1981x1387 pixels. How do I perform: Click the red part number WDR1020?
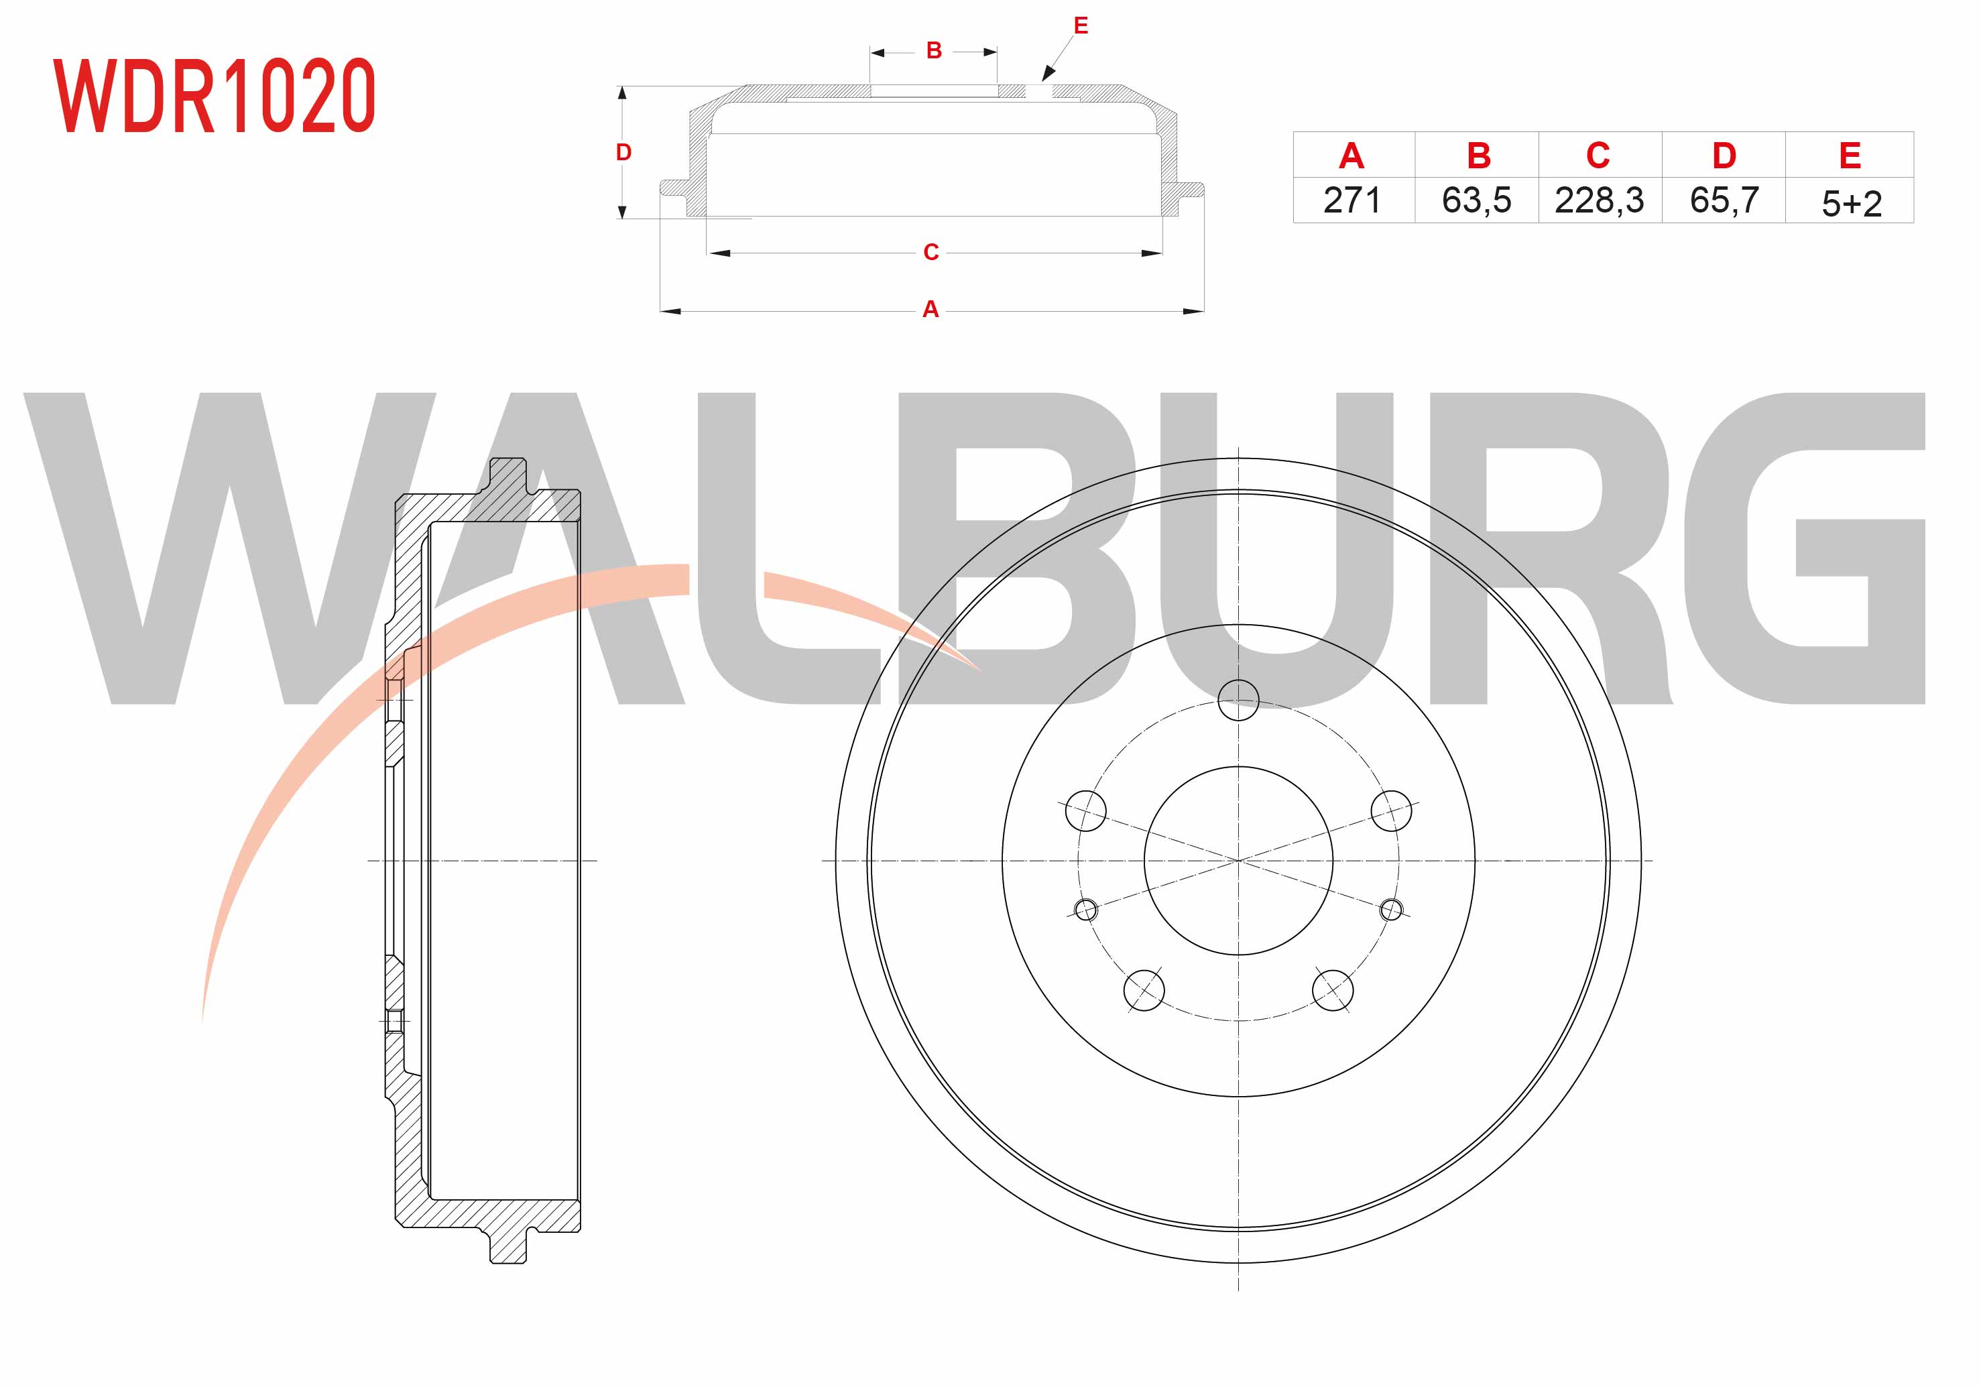point(214,96)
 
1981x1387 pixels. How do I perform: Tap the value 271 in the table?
point(1352,200)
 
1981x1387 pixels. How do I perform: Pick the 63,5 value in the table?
point(1476,200)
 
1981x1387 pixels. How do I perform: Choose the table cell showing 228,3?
point(1599,200)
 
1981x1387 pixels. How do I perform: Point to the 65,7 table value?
point(1724,200)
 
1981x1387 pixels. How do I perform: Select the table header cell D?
point(1724,156)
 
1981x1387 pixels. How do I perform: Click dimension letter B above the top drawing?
point(934,51)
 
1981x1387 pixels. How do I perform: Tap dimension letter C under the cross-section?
point(931,252)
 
